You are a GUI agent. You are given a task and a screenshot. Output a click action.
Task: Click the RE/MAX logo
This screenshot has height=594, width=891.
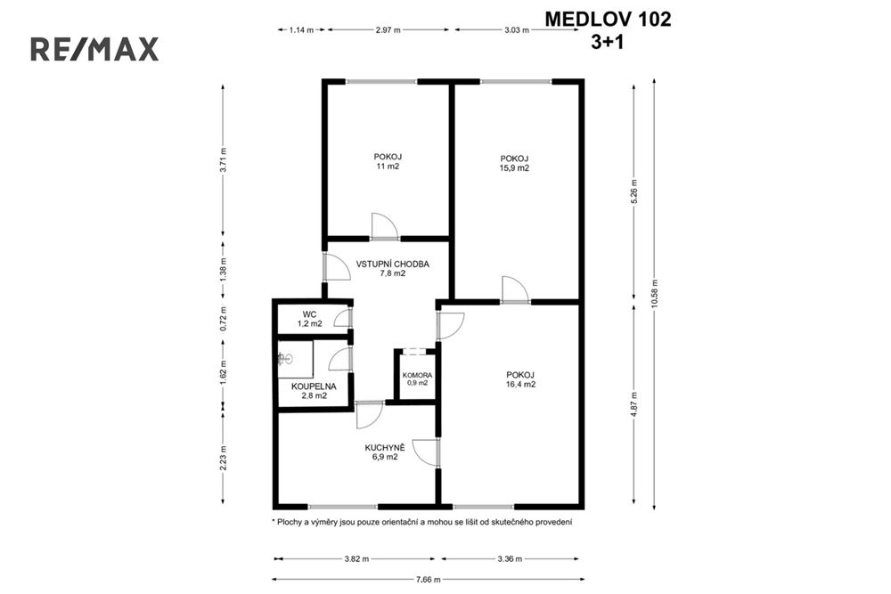pyautogui.click(x=94, y=49)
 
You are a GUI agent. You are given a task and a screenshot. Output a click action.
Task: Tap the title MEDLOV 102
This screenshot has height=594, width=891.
pyautogui.click(x=608, y=18)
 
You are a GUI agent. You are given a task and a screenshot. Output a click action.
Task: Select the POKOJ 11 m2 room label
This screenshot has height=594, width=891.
pyautogui.click(x=388, y=161)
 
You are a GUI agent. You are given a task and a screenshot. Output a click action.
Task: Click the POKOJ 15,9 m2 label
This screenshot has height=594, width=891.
pyautogui.click(x=514, y=163)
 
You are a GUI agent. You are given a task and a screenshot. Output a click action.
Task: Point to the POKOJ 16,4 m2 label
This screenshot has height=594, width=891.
pyautogui.click(x=519, y=379)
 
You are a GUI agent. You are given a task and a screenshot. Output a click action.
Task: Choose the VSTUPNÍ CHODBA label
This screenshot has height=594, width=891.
pyautogui.click(x=393, y=269)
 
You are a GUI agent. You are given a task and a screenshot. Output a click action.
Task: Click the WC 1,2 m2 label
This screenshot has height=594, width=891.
pyautogui.click(x=310, y=319)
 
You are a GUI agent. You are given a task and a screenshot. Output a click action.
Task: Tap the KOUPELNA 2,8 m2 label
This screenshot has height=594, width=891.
pyautogui.click(x=311, y=391)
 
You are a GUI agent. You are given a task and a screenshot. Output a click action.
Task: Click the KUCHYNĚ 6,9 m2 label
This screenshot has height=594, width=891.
pyautogui.click(x=385, y=452)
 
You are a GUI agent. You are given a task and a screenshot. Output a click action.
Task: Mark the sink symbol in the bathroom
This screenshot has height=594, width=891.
pyautogui.click(x=285, y=359)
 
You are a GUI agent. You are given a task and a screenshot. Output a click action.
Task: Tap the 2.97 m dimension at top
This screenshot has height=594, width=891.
pyautogui.click(x=388, y=29)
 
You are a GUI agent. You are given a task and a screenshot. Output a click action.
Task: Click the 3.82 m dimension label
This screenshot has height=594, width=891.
pyautogui.click(x=355, y=559)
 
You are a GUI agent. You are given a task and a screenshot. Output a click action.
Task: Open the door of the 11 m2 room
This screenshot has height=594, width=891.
pyautogui.click(x=385, y=227)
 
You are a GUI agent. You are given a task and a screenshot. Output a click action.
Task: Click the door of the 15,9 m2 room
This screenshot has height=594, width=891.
pyautogui.click(x=514, y=290)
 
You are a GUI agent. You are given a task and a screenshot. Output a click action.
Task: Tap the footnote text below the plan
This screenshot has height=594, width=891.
pyautogui.click(x=421, y=522)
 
